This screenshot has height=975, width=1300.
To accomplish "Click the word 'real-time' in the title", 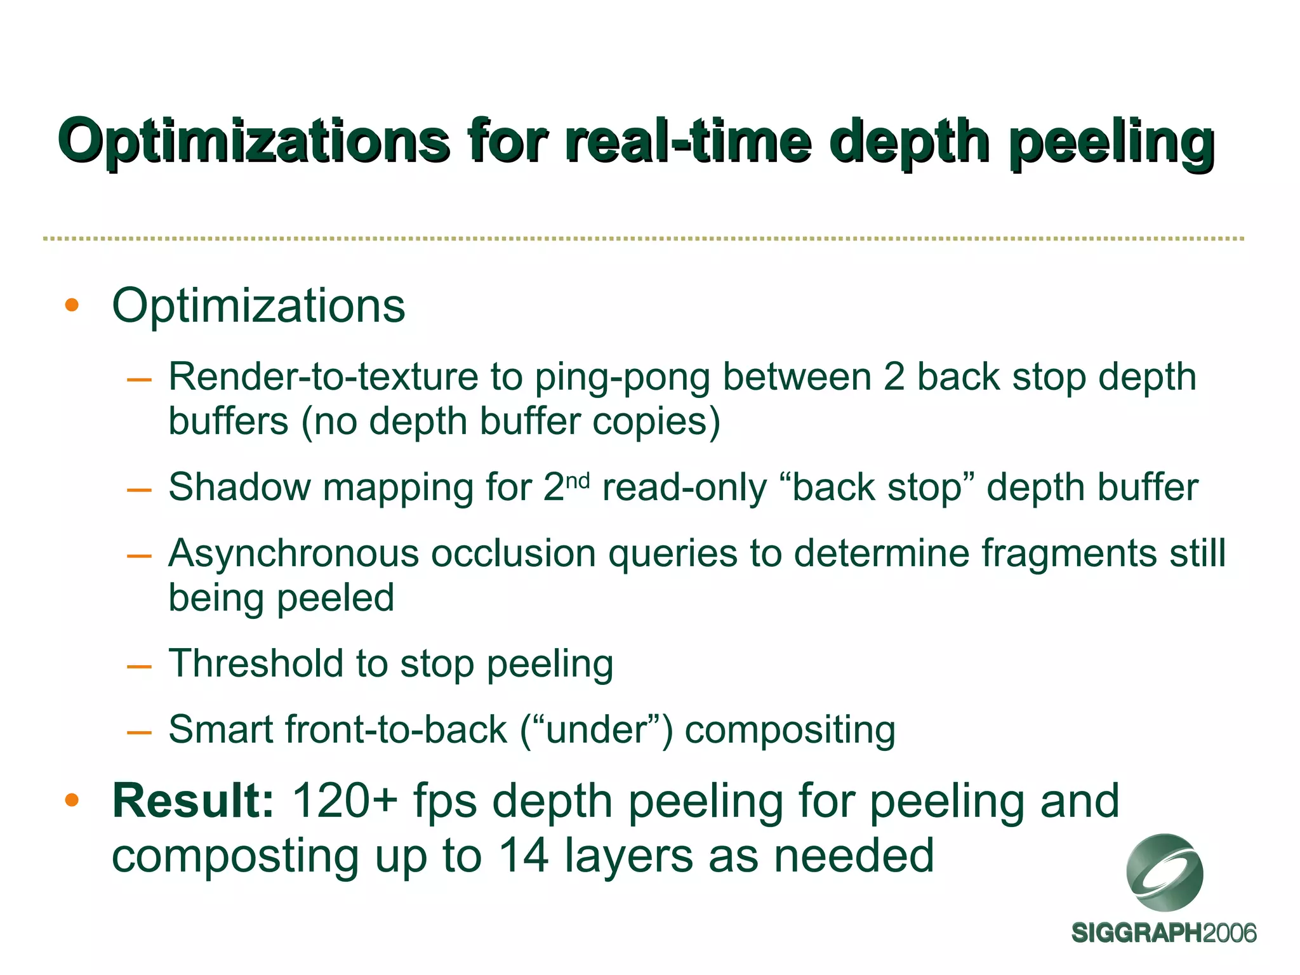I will click(687, 141).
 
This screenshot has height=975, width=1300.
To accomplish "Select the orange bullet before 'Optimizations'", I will click(72, 305).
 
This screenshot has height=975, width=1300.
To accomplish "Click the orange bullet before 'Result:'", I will click(72, 800).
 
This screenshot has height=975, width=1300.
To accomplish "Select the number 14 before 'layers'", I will click(524, 856).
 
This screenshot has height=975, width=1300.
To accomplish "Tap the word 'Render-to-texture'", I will click(323, 376).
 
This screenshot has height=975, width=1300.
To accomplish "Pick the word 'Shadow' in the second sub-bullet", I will click(240, 487).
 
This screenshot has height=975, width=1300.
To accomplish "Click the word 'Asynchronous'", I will click(293, 553).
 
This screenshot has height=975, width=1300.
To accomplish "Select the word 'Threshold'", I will click(255, 663).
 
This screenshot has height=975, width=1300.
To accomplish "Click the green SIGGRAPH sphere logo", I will click(1165, 872).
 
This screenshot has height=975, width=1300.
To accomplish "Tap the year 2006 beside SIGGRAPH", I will click(1230, 933).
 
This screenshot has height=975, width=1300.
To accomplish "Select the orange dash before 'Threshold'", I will click(139, 667).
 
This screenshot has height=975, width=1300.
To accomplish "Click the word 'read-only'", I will click(684, 487).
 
